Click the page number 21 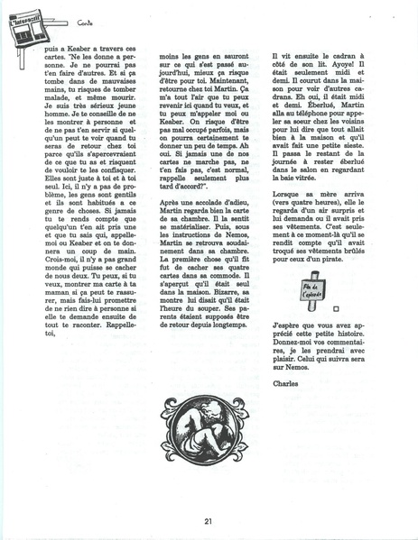[x=208, y=520]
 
